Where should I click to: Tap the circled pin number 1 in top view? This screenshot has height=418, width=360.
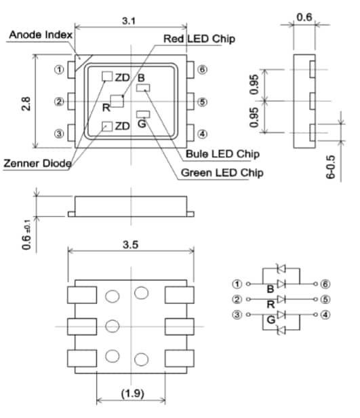click(x=60, y=70)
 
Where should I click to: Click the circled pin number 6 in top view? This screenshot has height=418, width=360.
click(x=202, y=70)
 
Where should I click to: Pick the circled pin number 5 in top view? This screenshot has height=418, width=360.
click(x=202, y=102)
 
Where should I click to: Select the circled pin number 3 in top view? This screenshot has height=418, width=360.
click(x=60, y=134)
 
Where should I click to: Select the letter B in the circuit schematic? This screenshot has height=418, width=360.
click(x=271, y=290)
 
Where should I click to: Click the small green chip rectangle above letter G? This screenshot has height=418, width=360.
click(x=143, y=114)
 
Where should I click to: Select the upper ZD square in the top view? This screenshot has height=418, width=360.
click(x=106, y=76)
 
